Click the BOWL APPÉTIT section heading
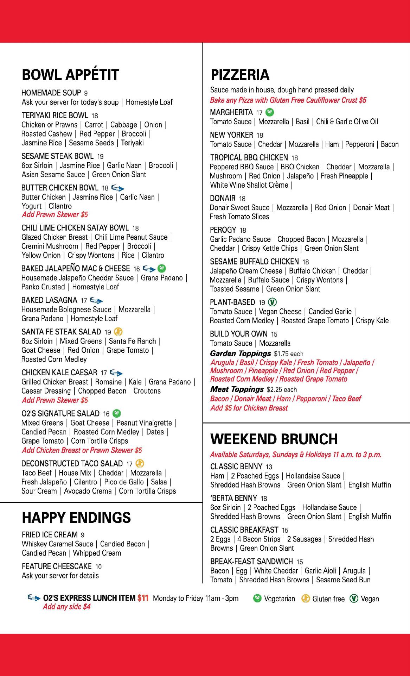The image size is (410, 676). (x=70, y=75)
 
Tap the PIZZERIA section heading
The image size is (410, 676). (x=240, y=75)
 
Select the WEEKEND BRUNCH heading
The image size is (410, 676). (x=274, y=439)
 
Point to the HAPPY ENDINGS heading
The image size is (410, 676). (x=76, y=518)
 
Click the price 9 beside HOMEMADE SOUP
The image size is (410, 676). (x=86, y=93)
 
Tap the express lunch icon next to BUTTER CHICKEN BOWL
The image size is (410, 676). (x=117, y=188)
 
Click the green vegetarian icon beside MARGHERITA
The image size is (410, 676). (x=270, y=112)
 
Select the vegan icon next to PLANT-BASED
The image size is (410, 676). (x=273, y=302)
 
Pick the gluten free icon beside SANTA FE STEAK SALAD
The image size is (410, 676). (x=118, y=332)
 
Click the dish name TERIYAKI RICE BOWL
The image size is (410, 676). (x=55, y=115)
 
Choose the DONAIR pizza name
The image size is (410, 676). (x=223, y=198)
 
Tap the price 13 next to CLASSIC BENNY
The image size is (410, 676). (x=269, y=467)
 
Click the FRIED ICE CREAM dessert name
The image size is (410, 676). (x=50, y=535)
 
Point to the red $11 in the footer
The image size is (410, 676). (x=143, y=598)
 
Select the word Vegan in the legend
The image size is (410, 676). (x=370, y=599)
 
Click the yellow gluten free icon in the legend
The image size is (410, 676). (x=306, y=599)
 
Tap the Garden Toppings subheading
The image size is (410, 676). (x=241, y=353)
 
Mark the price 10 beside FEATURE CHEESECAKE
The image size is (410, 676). (x=98, y=567)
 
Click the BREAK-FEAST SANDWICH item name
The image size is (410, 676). (x=251, y=561)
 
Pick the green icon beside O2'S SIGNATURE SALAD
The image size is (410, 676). (x=117, y=413)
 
